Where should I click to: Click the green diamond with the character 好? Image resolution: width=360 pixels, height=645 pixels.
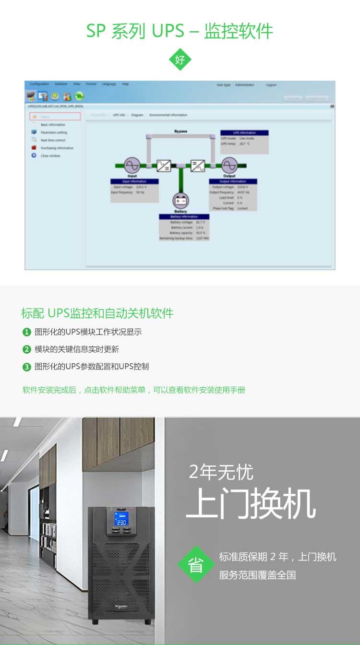tap(180, 60)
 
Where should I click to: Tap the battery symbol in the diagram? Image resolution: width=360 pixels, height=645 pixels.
tap(181, 201)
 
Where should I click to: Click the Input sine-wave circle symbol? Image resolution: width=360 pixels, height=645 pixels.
tap(132, 166)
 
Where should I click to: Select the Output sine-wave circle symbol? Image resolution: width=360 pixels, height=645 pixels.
tap(229, 166)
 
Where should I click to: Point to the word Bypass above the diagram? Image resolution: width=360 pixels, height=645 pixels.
tap(180, 131)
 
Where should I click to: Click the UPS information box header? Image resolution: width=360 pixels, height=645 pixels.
tap(244, 132)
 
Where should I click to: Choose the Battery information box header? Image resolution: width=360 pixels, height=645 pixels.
tap(184, 216)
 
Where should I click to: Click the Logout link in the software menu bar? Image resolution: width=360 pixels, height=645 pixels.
tap(271, 85)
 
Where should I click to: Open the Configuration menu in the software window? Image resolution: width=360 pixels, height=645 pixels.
tap(39, 84)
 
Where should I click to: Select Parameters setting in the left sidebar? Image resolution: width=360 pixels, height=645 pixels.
tap(54, 132)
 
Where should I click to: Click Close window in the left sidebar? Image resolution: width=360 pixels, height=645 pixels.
tap(50, 156)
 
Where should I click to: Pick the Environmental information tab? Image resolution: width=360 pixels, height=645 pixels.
tap(168, 115)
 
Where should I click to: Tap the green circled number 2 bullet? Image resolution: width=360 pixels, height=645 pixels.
tap(27, 349)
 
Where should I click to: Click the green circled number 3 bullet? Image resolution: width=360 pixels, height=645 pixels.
tap(27, 367)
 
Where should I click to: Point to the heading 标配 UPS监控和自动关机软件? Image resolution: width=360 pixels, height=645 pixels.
tap(97, 313)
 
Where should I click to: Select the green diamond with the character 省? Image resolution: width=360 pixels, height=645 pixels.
tap(195, 564)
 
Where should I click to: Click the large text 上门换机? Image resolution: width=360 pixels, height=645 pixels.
tap(251, 503)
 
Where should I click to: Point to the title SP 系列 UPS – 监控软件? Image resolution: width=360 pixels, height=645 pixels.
tap(180, 31)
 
